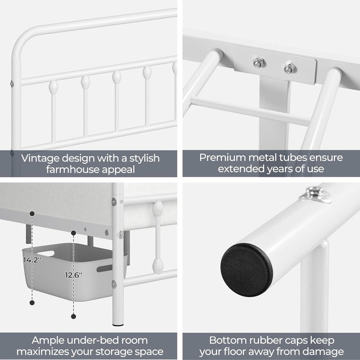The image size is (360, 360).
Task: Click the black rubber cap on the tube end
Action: point(247,270)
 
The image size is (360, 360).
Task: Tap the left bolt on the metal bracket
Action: point(259,63)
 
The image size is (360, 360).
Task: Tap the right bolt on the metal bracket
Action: point(289,68)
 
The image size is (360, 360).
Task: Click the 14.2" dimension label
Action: point(32,260)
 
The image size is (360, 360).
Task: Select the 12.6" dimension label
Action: point(73,275)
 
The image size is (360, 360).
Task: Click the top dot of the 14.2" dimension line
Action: point(32,213)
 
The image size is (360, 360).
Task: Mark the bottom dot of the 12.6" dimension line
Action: point(73,316)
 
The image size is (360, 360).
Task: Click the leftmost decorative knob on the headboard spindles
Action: point(53,87)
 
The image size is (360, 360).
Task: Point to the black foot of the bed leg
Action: point(118,325)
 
